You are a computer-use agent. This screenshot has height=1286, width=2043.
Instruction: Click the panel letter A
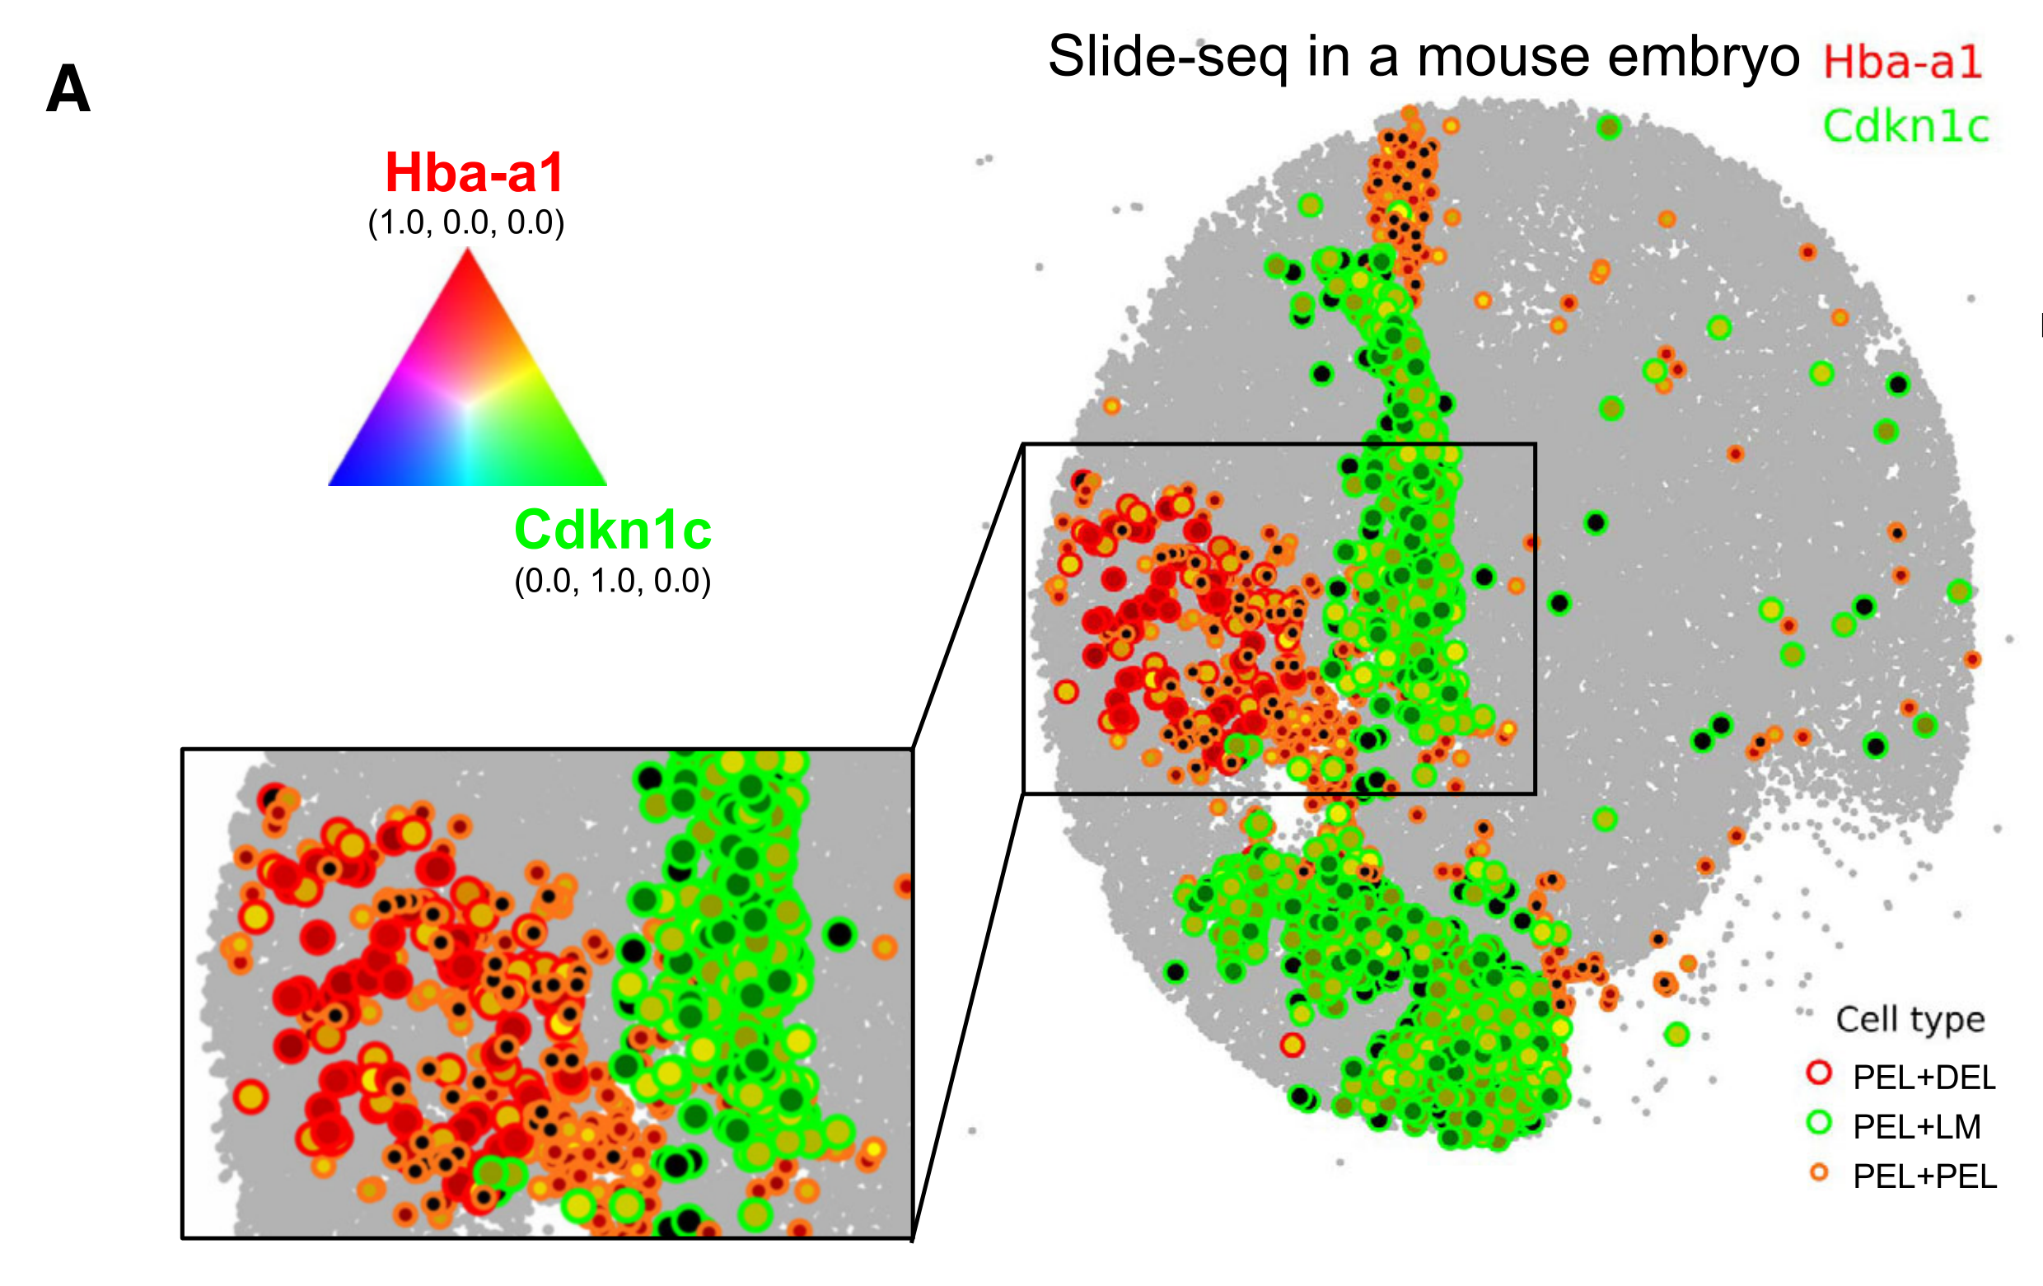pos(68,89)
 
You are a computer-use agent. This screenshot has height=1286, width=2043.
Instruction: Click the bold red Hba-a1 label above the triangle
pos(475,172)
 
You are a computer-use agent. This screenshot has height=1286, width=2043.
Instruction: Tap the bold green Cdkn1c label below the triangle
pos(613,530)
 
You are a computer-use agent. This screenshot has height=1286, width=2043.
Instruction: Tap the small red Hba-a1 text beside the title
pos(1902,62)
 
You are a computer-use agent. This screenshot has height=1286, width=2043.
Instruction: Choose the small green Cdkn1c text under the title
pos(1905,127)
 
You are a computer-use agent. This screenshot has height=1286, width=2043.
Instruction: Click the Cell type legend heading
pos(1910,1019)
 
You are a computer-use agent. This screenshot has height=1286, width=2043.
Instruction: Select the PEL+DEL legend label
pos(1924,1078)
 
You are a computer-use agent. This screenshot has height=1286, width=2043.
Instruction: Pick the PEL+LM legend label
pos(1917,1126)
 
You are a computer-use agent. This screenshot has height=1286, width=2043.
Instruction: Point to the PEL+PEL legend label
pos(1924,1176)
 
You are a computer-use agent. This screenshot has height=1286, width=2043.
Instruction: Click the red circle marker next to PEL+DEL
pos(1819,1073)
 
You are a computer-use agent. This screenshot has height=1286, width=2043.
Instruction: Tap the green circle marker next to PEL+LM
pos(1819,1122)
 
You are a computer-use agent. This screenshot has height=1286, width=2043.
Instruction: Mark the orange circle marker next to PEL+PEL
pos(1819,1172)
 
